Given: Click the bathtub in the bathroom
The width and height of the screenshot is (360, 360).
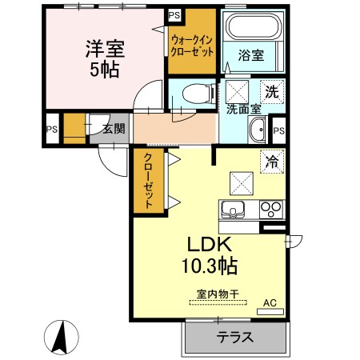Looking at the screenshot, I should tap(250, 29).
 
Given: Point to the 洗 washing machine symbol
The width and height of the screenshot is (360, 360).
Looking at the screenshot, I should tap(272, 91).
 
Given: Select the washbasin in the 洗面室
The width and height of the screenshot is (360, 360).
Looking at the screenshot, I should tap(258, 129).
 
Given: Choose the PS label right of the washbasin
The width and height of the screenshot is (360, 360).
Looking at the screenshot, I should tap(279, 130).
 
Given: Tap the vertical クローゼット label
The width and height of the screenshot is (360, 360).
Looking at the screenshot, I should tap(147, 182).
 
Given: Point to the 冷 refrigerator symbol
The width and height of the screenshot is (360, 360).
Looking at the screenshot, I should tap(271, 162).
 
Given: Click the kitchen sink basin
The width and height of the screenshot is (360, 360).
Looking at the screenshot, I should tap(233, 211).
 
